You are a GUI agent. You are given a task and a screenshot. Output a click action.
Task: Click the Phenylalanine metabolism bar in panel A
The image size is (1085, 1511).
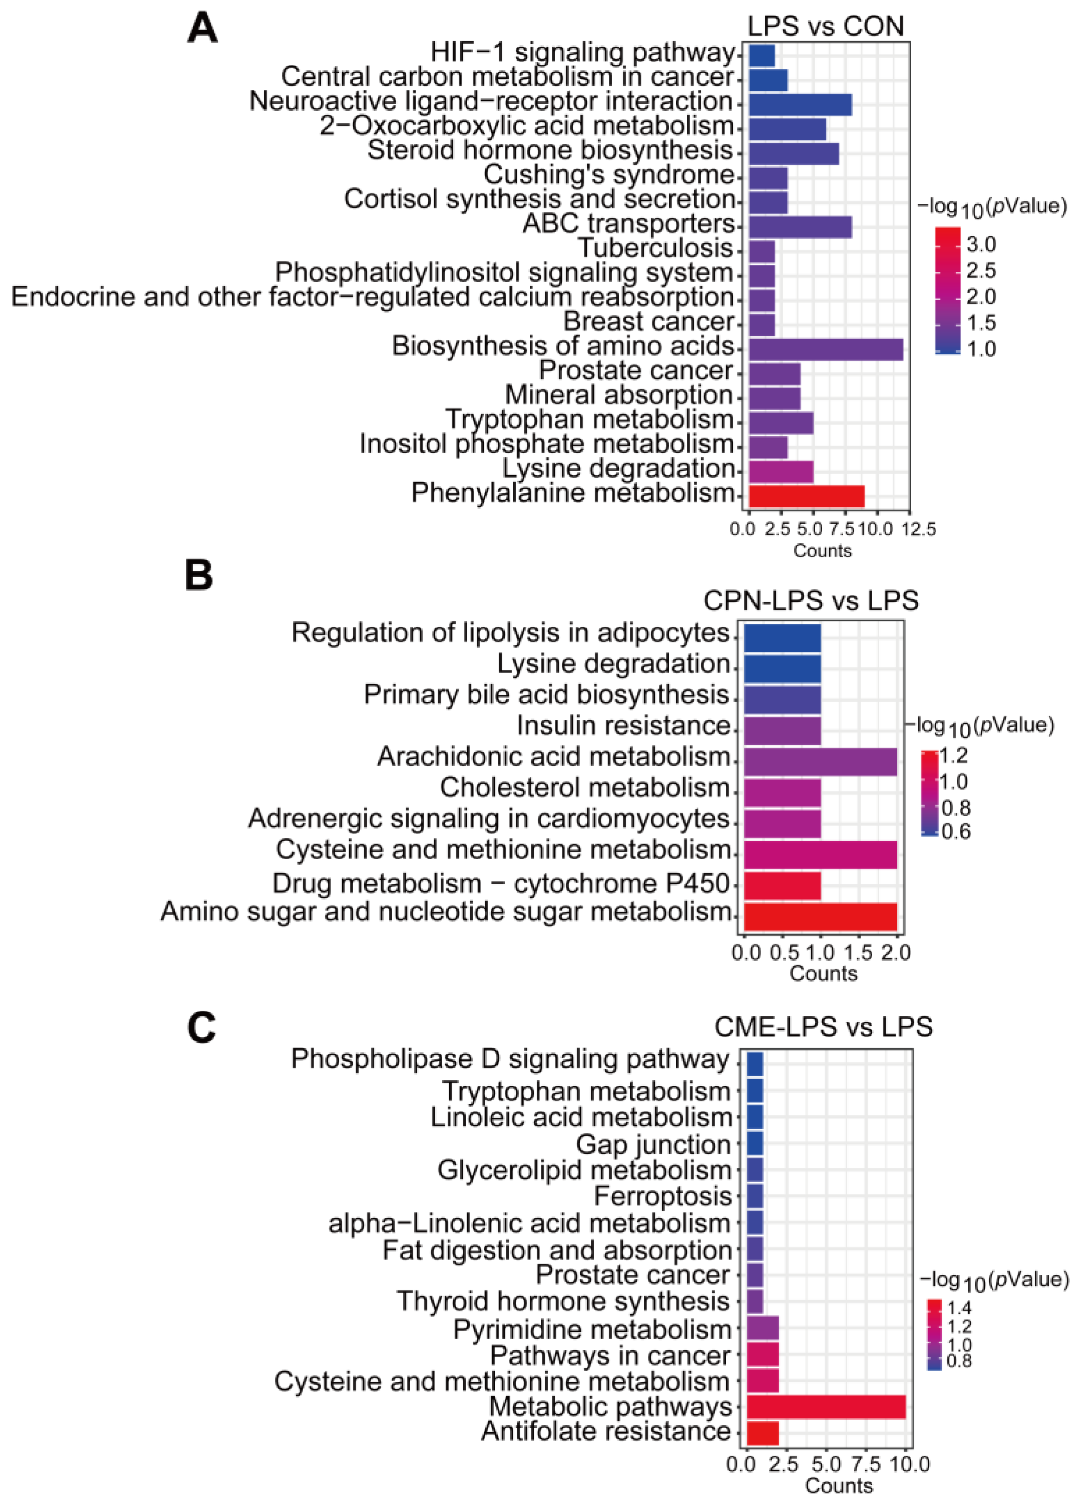(x=806, y=497)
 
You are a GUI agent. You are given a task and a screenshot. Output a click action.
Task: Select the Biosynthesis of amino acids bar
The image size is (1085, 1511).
(x=825, y=349)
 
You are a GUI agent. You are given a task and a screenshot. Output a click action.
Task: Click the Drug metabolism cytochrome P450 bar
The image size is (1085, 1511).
(x=782, y=885)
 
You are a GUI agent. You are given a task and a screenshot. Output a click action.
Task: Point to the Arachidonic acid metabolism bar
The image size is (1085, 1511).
(x=820, y=762)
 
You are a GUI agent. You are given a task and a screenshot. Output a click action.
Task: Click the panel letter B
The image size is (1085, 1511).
(x=199, y=576)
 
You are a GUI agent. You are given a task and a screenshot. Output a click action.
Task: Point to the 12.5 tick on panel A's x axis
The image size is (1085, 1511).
(x=919, y=529)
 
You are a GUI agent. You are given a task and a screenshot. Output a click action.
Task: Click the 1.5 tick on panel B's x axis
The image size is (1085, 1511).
(x=858, y=953)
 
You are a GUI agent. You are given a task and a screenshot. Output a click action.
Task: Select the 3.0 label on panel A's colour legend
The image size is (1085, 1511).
(x=981, y=245)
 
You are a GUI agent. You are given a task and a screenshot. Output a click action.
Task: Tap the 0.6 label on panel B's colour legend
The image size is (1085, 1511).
(x=956, y=831)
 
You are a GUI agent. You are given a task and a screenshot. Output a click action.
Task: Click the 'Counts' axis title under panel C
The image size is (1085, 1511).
(x=838, y=1486)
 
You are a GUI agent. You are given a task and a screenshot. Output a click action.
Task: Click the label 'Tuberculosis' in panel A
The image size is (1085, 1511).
(x=655, y=248)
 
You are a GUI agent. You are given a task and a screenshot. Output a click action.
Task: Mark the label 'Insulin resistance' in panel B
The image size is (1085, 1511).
(x=623, y=725)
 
